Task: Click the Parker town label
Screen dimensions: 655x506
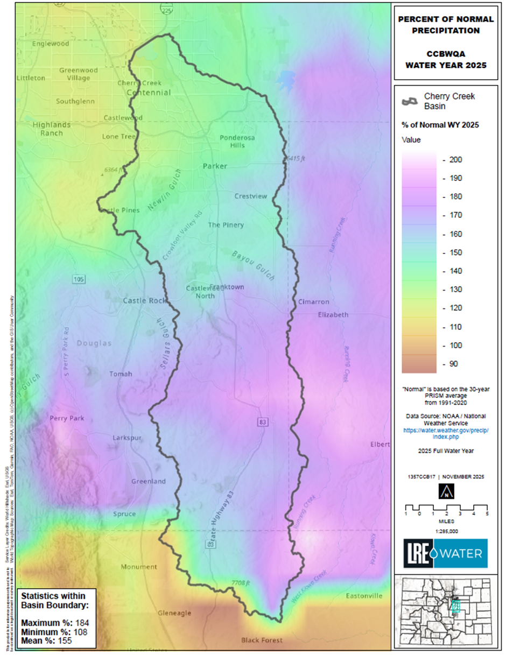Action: point(215,166)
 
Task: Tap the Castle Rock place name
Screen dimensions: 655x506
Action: point(146,300)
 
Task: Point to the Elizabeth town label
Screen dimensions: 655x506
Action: point(333,314)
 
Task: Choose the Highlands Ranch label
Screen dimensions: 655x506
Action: point(52,129)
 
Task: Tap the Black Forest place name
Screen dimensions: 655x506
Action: point(261,640)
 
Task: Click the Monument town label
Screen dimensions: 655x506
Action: point(139,567)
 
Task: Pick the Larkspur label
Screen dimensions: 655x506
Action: point(127,438)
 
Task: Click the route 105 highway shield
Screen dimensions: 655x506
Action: point(79,279)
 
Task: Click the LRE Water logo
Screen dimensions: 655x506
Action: point(446,553)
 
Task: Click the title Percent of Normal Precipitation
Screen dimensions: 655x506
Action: point(445,25)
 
